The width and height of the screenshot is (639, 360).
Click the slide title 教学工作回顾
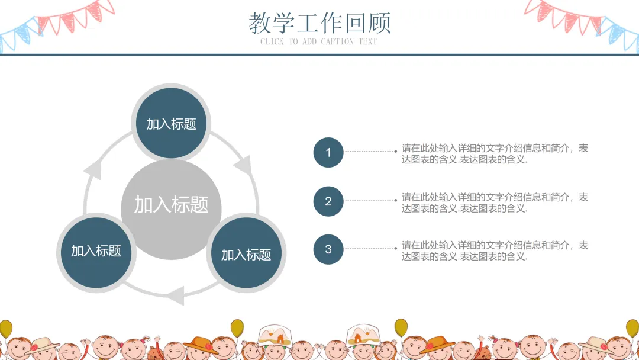click(x=319, y=23)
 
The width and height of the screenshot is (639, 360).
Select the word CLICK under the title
click(x=272, y=41)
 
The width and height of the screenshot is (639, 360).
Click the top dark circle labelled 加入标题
click(x=171, y=123)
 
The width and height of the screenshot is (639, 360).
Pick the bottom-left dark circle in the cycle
click(x=96, y=251)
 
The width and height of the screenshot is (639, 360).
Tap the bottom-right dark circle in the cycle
click(x=246, y=255)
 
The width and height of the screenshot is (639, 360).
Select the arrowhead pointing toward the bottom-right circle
click(x=243, y=165)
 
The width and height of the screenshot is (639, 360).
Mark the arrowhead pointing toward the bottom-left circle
click(x=175, y=294)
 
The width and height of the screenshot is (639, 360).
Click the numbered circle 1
click(x=328, y=153)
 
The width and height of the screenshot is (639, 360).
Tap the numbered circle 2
click(x=328, y=201)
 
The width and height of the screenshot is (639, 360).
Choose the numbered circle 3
click(x=328, y=249)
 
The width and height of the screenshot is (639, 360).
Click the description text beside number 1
click(x=495, y=154)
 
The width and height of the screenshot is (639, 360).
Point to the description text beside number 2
click(x=495, y=202)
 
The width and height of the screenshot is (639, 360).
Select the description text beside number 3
click(x=495, y=250)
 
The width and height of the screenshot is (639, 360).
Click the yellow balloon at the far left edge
click(x=5, y=329)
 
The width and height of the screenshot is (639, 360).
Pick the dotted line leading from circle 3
click(x=369, y=249)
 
